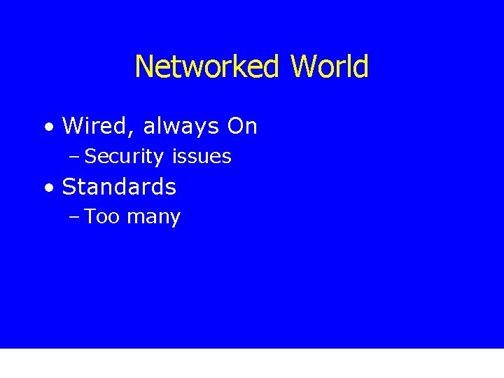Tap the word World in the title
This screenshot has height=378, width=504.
(329, 67)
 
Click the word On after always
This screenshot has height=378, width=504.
(242, 127)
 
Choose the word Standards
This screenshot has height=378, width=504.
(119, 188)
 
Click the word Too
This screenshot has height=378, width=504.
(103, 217)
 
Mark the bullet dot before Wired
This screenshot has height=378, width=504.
(47, 128)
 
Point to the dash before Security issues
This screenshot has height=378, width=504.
(75, 157)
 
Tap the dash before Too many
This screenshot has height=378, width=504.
(75, 218)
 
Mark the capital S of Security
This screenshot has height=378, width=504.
(90, 157)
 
